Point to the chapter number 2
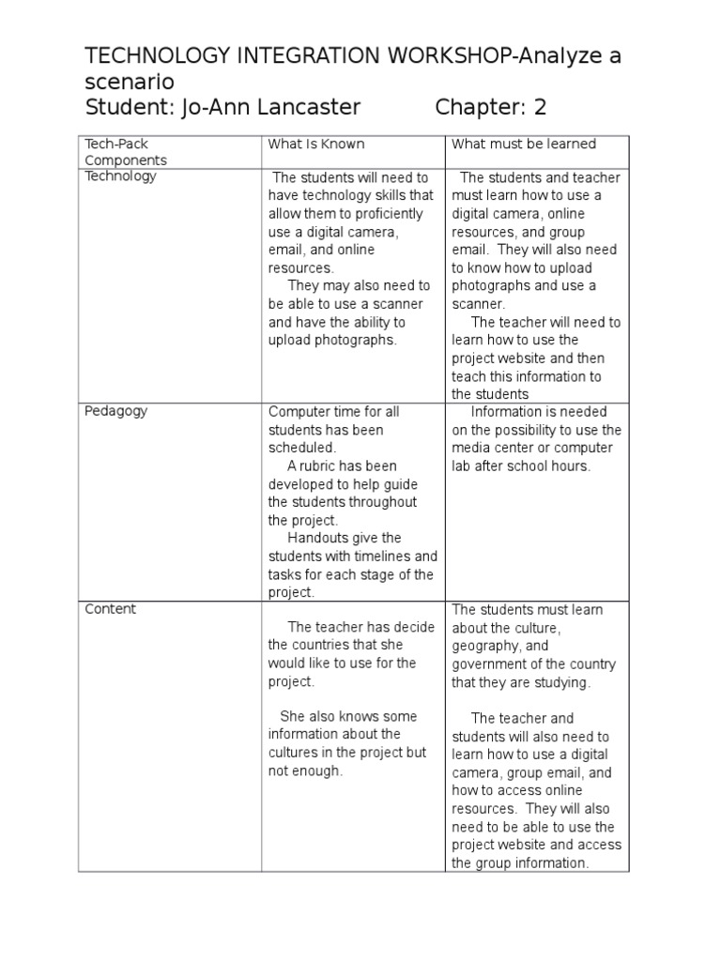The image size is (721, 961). (x=540, y=107)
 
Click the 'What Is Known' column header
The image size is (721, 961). (x=316, y=145)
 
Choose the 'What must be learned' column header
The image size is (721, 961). (x=524, y=145)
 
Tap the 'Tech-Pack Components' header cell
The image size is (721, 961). (x=126, y=152)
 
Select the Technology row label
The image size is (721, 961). (x=121, y=176)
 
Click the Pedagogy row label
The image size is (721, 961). (x=116, y=411)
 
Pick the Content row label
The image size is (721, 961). (x=111, y=609)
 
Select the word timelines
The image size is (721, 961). (x=378, y=557)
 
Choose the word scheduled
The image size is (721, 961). (x=301, y=449)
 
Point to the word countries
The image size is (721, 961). (x=321, y=646)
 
